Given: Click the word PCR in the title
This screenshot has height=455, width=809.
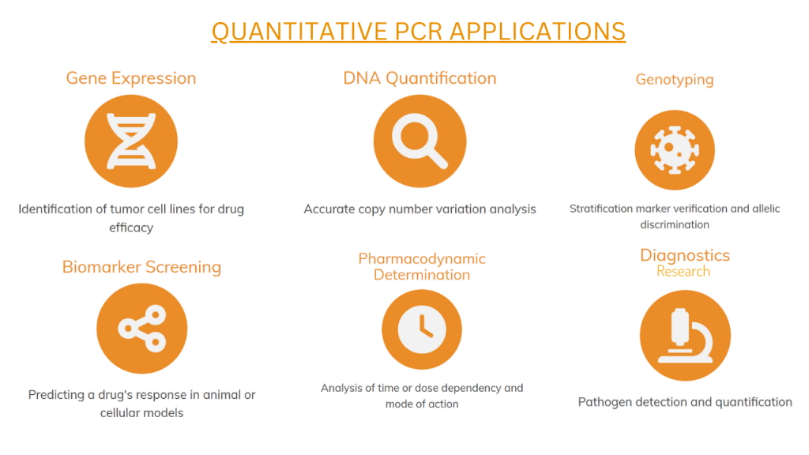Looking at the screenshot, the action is (419, 32).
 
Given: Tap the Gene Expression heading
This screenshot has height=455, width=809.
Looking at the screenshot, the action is (131, 78).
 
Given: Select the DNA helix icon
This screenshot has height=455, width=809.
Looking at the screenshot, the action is (131, 141).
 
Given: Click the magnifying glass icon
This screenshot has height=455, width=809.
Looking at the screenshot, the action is (420, 141).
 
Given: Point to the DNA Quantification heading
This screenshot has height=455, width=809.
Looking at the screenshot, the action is (420, 78).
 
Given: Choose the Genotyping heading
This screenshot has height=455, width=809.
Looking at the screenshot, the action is (675, 80).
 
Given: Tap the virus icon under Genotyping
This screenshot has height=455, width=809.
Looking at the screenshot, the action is (675, 150).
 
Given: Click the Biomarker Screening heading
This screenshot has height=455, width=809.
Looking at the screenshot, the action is (142, 267).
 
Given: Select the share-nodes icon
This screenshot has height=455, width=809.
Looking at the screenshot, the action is (142, 329).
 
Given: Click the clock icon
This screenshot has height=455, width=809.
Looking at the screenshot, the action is (422, 329).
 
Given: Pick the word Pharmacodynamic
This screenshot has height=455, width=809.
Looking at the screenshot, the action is (422, 258).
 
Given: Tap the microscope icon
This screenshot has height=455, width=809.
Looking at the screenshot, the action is (685, 335).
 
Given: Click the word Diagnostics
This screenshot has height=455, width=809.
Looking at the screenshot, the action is (685, 255).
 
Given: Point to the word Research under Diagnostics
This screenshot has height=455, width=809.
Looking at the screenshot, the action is (683, 272).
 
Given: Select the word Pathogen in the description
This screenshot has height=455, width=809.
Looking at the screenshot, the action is (600, 402).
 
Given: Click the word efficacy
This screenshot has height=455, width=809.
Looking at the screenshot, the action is (131, 227).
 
